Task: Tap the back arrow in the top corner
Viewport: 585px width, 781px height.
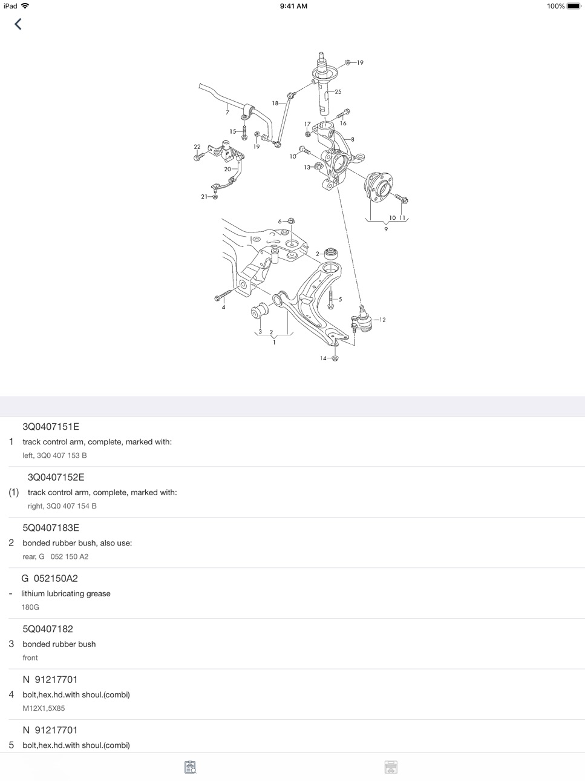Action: (18, 24)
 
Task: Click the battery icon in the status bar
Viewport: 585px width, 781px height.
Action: (574, 6)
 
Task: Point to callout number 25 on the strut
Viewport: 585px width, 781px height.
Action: (338, 91)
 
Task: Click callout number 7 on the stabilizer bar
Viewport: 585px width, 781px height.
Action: (227, 113)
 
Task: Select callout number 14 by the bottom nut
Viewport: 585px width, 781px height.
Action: (323, 358)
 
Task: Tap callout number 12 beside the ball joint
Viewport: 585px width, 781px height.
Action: (382, 320)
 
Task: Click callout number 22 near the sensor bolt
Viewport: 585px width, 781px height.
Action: (197, 147)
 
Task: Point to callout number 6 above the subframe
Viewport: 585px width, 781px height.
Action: (279, 222)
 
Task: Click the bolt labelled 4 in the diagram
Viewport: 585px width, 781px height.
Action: (223, 295)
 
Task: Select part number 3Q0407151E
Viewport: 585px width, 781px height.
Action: (51, 427)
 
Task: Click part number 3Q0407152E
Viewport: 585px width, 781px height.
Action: (56, 477)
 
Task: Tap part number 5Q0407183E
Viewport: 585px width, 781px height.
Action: (51, 528)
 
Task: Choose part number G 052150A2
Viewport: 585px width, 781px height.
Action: (50, 578)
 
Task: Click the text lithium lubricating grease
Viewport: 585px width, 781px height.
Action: (66, 593)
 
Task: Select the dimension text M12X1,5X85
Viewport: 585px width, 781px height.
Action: (44, 708)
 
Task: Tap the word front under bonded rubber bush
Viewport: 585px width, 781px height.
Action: (30, 657)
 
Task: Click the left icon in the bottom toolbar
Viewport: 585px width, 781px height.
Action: (190, 767)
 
